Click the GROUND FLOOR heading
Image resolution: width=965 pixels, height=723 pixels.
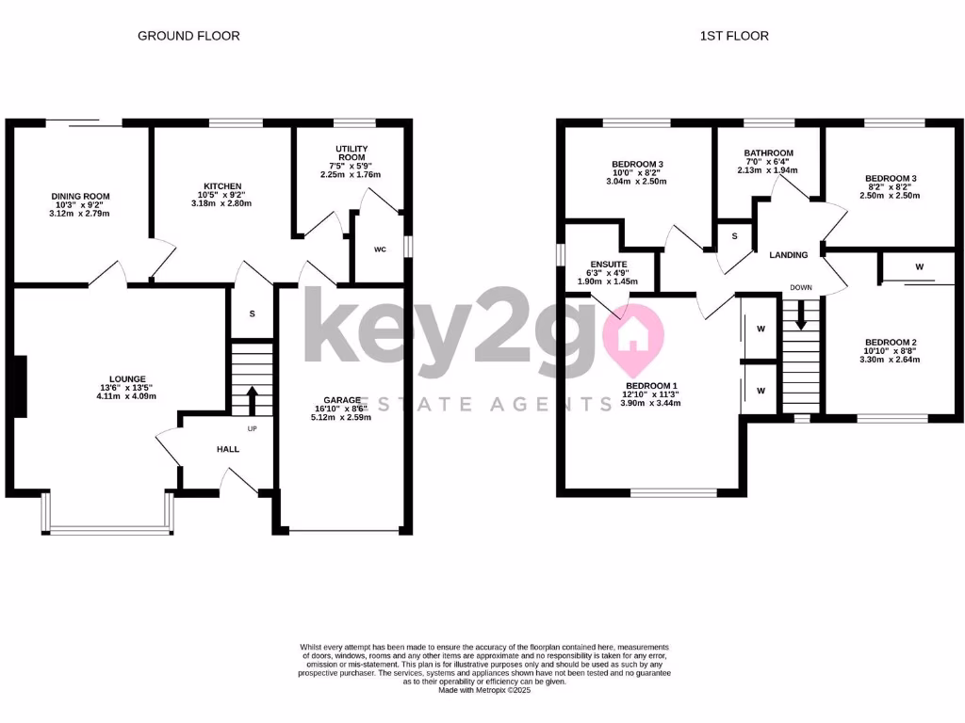coord(188,36)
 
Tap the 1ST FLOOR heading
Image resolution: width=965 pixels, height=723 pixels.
coord(734,36)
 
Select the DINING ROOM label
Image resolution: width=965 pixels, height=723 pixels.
coord(80,197)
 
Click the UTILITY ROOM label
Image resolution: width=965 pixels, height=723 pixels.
coord(352,154)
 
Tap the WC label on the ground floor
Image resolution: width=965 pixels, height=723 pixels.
coord(380,249)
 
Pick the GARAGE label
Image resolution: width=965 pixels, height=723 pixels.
coord(344,400)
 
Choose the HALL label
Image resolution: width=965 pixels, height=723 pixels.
coord(228,449)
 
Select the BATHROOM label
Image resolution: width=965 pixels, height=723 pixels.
coord(768,153)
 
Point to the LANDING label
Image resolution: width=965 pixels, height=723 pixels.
coord(788,255)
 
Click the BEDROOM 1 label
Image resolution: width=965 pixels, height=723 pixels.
coord(650,385)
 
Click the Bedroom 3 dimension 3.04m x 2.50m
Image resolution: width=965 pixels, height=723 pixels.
coord(637,182)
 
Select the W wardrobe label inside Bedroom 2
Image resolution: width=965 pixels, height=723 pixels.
coord(919,267)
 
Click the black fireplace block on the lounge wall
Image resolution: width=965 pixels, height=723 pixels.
coord(19,385)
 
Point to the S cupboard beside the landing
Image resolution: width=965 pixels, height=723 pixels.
coord(734,235)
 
